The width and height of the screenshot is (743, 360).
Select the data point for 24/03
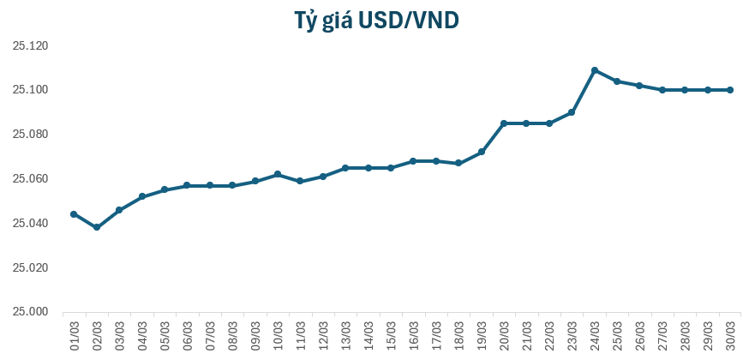[595, 70]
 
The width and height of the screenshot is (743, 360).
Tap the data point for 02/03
[97, 227]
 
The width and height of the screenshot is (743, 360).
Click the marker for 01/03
[74, 214]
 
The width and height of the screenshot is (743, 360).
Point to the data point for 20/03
[504, 123]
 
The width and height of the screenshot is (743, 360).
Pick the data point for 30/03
[730, 90]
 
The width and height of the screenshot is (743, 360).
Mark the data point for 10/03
[278, 174]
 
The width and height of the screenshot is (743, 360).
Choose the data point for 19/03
[482, 152]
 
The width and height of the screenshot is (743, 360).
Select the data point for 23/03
[572, 112]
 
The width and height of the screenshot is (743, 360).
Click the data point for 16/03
[413, 161]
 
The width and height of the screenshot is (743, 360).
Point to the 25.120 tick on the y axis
[30, 45]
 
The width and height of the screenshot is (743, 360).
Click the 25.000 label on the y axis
[30, 312]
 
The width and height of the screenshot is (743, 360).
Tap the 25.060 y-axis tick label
[30, 179]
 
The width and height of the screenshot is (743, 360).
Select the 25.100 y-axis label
[30, 90]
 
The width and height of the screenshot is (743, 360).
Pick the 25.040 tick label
[30, 224]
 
